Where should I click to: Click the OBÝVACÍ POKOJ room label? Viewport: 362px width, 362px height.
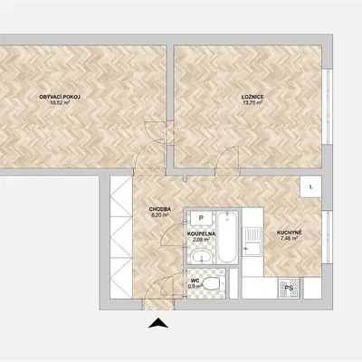click(60, 97)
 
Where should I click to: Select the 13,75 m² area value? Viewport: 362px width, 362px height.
click(252, 102)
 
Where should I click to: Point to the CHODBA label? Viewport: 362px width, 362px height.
click(160, 209)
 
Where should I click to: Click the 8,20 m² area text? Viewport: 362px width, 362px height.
click(160, 214)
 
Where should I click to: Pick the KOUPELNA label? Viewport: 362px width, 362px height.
click(201, 233)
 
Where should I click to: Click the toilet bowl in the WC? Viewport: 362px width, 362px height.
click(214, 283)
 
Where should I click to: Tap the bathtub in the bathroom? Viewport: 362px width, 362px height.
click(227, 237)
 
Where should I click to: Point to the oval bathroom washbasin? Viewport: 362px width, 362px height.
click(202, 256)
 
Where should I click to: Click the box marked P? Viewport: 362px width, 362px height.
click(201, 217)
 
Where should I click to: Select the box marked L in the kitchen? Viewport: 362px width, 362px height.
click(310, 186)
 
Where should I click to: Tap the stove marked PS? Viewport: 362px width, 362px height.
click(289, 288)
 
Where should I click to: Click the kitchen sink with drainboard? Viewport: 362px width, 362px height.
click(252, 242)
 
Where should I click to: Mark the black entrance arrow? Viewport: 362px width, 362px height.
click(158, 323)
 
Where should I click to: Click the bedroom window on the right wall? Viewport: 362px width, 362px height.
click(326, 107)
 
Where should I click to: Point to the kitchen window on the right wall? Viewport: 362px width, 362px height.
click(326, 237)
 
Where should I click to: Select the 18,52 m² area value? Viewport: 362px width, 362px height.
click(60, 102)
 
